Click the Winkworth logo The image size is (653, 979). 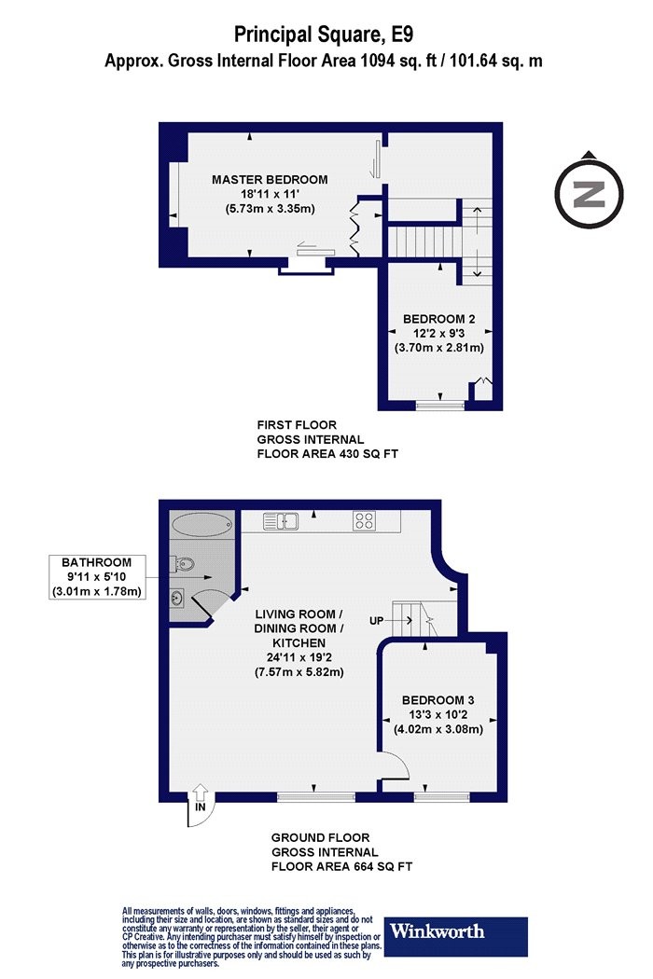[x=455, y=936]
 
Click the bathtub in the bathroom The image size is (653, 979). [x=202, y=524]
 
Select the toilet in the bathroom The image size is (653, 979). [x=183, y=564]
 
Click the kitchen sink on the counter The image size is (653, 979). [x=281, y=520]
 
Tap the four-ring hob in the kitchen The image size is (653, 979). [x=364, y=520]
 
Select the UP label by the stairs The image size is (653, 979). [x=376, y=621]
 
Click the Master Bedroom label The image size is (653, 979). [x=270, y=180]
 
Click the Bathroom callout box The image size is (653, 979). [x=97, y=577]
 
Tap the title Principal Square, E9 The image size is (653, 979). [x=324, y=34]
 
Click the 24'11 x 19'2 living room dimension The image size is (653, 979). [x=299, y=657]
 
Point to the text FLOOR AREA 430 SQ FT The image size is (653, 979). [x=327, y=454]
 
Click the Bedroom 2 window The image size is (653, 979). [x=440, y=406]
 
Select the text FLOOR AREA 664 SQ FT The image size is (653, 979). [x=341, y=866]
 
